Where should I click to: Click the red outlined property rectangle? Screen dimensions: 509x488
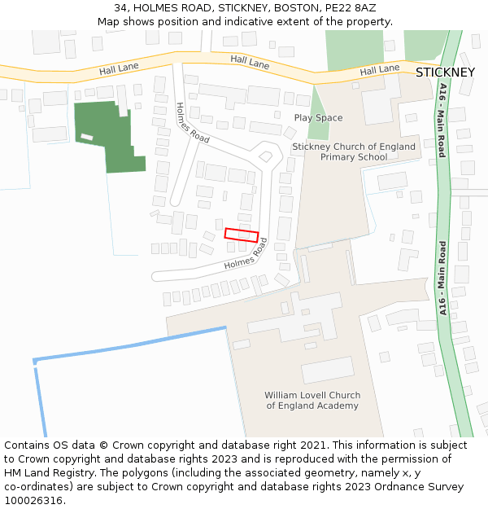[x=242, y=235]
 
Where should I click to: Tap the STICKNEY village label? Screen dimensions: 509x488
[x=445, y=72]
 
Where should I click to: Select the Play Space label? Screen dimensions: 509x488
[x=318, y=118]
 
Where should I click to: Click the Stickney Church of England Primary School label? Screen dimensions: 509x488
[x=353, y=152]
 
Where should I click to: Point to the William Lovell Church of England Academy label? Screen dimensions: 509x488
[x=312, y=401]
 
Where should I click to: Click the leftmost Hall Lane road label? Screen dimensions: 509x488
[x=119, y=69]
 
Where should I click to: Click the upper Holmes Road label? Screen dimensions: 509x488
[x=193, y=123]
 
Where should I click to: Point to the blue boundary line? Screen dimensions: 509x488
[x=130, y=344]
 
